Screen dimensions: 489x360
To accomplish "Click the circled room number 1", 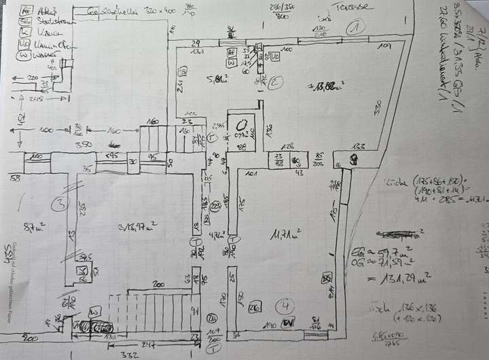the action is click(353, 28).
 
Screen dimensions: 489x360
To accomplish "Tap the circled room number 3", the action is click(62, 204).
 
